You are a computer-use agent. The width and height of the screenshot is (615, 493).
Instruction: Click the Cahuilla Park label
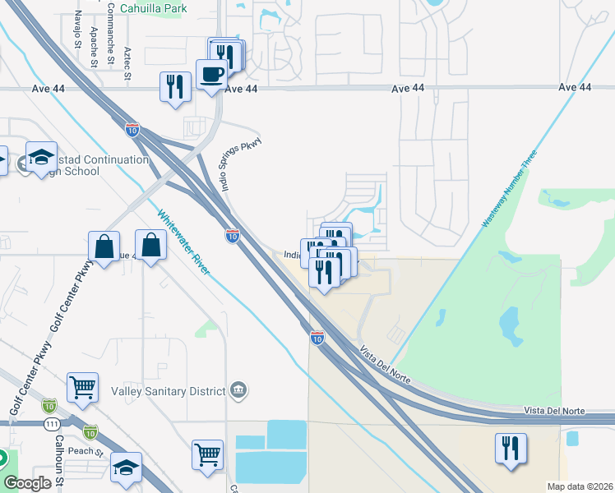pyautogui.click(x=153, y=9)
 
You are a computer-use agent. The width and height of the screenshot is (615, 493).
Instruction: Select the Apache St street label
pyautogui.click(x=94, y=45)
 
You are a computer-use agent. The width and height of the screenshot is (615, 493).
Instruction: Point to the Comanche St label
pyautogui.click(x=110, y=33)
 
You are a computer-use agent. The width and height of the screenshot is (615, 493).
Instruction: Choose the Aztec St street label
pyautogui.click(x=127, y=63)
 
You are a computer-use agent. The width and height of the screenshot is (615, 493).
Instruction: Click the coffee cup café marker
pyautogui.click(x=211, y=73)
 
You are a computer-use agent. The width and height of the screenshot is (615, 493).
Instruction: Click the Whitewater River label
pyautogui.click(x=188, y=242)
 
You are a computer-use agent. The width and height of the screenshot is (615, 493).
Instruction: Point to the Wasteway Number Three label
pyautogui.click(x=509, y=188)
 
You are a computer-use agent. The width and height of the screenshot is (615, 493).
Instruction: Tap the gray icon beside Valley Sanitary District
pyautogui.click(x=238, y=389)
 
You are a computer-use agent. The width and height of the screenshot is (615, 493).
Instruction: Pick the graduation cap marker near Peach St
pyautogui.click(x=126, y=467)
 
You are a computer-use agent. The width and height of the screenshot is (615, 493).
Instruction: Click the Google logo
pyautogui.click(x=28, y=483)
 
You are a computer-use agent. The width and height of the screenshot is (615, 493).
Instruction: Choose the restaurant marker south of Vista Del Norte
pyautogui.click(x=511, y=448)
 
